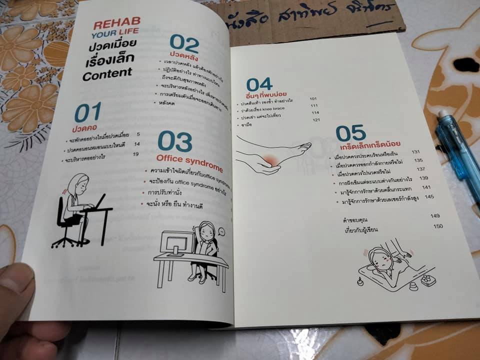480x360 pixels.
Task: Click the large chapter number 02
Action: [x=184, y=44]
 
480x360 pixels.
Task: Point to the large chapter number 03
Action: [x=174, y=141]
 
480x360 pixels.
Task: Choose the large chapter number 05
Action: [x=350, y=133]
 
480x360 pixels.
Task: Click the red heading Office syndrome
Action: [x=188, y=158]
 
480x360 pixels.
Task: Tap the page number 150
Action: [x=438, y=226]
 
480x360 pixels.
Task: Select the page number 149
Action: [x=434, y=215]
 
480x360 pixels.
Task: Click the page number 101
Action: [x=313, y=99]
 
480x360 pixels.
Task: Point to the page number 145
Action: [x=428, y=197]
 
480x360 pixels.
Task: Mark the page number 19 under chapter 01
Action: [x=135, y=154]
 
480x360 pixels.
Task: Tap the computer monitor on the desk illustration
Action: [x=177, y=242]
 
